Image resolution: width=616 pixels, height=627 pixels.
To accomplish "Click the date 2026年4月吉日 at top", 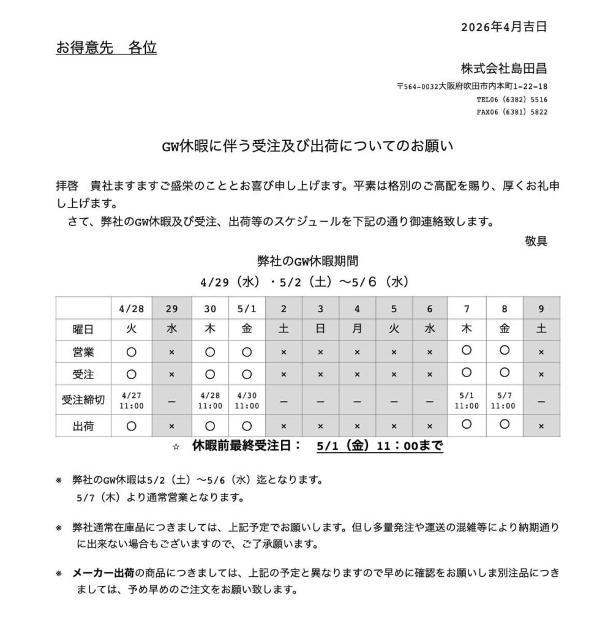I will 503,26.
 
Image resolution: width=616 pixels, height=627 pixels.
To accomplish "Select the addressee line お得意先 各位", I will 106,48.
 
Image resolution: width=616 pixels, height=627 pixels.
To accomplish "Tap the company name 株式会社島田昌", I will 504,67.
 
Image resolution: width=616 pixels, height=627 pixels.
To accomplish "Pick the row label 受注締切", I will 83,400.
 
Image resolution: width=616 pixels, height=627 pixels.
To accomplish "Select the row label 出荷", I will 83,426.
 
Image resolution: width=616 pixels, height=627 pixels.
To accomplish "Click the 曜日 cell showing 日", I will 320,329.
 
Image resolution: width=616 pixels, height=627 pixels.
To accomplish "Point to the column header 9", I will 541,309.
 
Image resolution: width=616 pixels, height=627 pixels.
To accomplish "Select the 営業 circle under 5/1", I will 247,352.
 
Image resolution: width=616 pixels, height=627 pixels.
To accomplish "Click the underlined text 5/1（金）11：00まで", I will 380,446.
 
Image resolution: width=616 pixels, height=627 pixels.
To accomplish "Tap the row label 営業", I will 83,352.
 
